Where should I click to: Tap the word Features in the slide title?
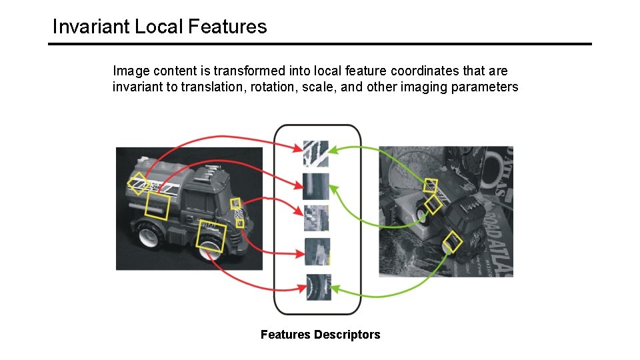click(x=227, y=27)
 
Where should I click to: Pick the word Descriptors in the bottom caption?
click(x=347, y=335)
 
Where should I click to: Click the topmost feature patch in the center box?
click(x=316, y=153)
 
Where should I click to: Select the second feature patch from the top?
click(x=316, y=186)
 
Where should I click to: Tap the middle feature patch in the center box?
click(x=317, y=218)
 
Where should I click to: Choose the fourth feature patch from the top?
click(x=317, y=251)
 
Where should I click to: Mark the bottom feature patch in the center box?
click(x=318, y=287)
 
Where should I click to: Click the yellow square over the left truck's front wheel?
click(x=212, y=237)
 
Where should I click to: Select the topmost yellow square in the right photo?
click(x=431, y=185)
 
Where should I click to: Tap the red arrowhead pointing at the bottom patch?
click(x=301, y=289)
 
